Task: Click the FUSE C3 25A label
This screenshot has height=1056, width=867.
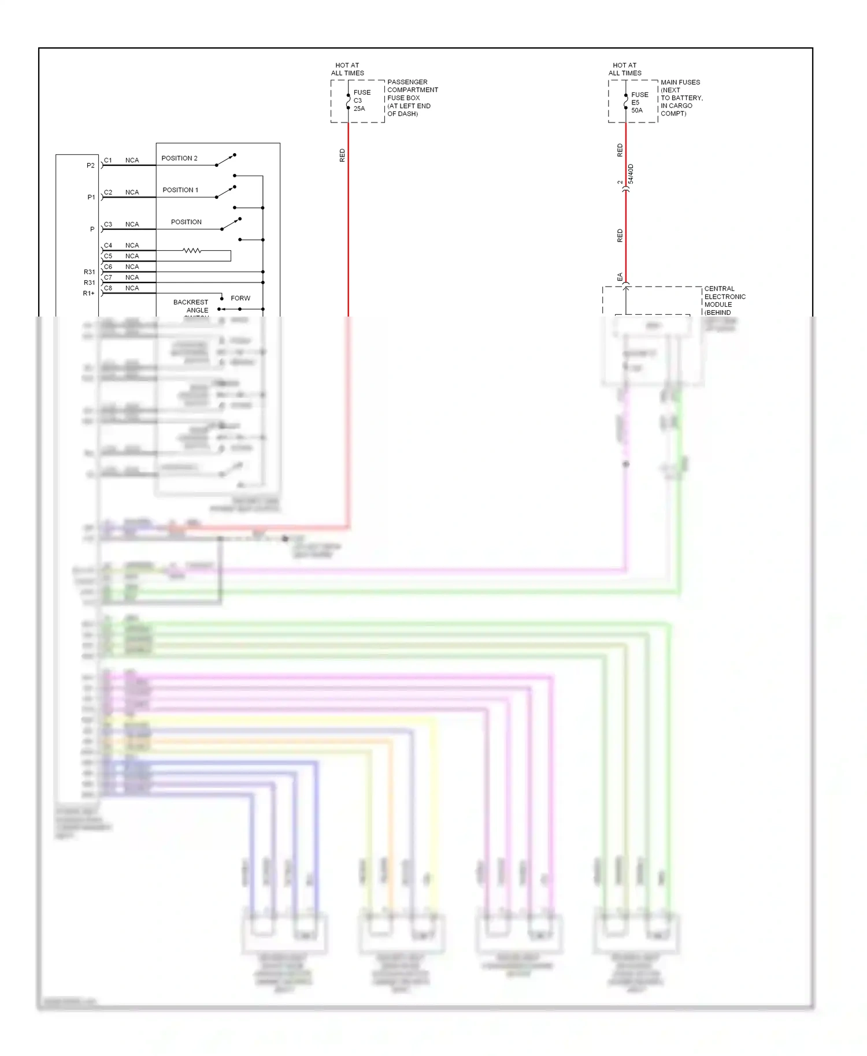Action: click(361, 101)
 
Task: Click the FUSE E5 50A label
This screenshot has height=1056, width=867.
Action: click(639, 102)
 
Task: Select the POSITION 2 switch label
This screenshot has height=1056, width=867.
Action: click(179, 158)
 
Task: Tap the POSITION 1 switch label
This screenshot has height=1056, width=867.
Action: click(180, 190)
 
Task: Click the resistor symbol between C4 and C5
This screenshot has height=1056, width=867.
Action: click(192, 251)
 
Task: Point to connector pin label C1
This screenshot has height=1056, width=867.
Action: click(108, 161)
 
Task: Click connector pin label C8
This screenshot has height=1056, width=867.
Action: click(108, 288)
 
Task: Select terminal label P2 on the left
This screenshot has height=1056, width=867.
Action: click(91, 166)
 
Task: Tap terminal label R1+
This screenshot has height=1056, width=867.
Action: click(88, 293)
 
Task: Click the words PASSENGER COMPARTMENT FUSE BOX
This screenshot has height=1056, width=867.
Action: click(412, 90)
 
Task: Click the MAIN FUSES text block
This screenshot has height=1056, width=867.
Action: click(681, 98)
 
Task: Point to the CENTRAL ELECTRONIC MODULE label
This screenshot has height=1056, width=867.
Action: click(724, 297)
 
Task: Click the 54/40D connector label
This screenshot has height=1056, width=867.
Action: click(631, 174)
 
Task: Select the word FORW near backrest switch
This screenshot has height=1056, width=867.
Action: click(240, 299)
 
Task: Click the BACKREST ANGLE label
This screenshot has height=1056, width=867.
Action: click(191, 306)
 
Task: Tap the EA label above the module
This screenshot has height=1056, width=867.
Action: click(620, 277)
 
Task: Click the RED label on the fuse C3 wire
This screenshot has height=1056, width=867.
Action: click(342, 155)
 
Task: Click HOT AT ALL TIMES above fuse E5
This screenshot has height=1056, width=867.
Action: click(624, 69)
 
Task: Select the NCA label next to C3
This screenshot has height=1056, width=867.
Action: click(132, 225)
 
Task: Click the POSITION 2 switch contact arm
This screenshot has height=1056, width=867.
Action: click(225, 160)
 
